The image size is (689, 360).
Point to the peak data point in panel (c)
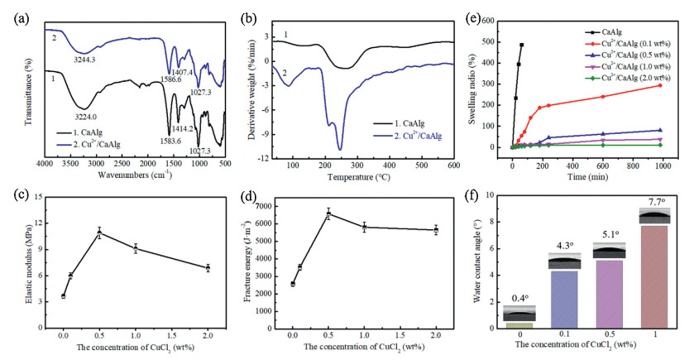[99, 233]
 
